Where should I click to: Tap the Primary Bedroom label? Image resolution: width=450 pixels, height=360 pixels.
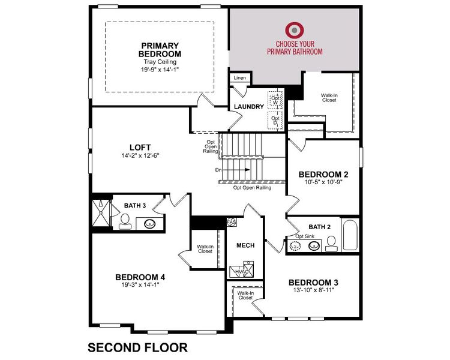coord(161,50)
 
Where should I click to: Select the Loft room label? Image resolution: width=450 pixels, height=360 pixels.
coord(140,147)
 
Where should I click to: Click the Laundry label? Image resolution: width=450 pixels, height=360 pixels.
coord(249,107)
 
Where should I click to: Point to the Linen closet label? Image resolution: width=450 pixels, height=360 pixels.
coord(240,78)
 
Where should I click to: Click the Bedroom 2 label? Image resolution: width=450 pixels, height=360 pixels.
coord(323,174)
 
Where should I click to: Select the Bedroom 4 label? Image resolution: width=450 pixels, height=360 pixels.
coord(140,277)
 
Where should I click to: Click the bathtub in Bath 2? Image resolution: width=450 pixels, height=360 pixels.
coord(350,235)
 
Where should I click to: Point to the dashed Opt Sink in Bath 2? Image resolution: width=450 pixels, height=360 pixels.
coord(296,245)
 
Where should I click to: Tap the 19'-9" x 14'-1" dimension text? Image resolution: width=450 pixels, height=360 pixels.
coord(160,69)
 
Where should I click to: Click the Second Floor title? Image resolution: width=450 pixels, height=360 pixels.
coord(138,347)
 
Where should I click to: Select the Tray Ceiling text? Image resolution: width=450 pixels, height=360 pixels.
coord(160,62)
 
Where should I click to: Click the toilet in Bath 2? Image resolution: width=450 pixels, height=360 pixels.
coord(331,242)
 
